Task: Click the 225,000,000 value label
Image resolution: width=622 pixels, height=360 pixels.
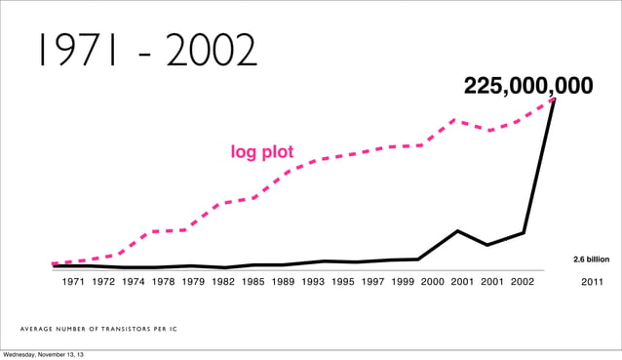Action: click(527, 87)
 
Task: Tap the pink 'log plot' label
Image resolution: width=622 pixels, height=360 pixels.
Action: click(261, 152)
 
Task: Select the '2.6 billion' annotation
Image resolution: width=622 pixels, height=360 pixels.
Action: click(591, 260)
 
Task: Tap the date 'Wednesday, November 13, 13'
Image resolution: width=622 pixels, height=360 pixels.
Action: click(43, 353)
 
